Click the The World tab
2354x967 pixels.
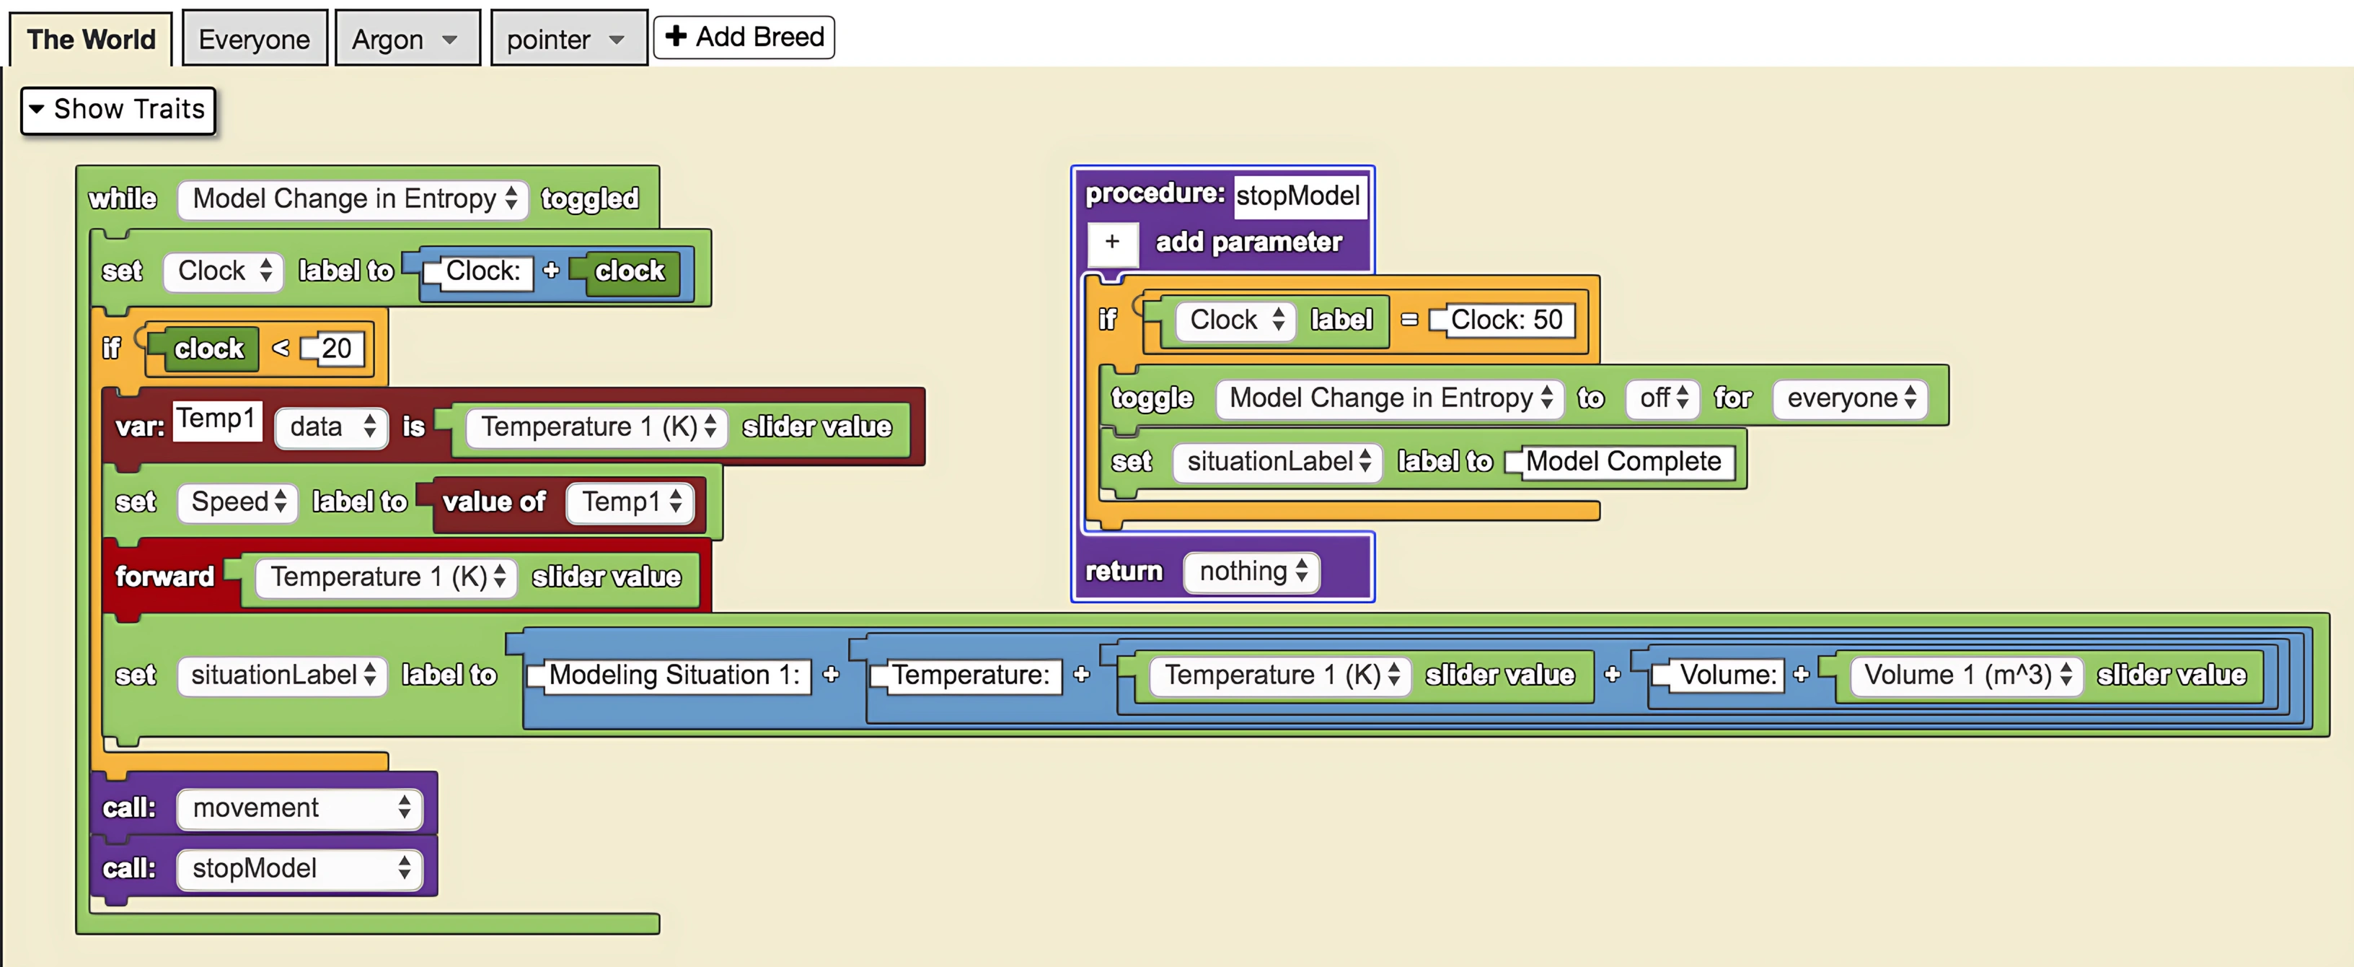coord(90,39)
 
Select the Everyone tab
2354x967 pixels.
coord(254,39)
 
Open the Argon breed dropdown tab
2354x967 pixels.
coord(406,39)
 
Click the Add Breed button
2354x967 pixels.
coord(744,38)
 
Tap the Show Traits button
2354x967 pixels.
coord(118,110)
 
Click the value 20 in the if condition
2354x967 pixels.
coord(336,349)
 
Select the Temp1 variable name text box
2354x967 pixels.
coord(216,419)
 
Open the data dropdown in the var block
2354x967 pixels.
coord(332,426)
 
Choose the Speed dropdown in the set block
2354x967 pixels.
coord(237,502)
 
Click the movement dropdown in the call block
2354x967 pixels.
coord(299,808)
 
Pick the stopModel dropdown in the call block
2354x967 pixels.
coord(299,868)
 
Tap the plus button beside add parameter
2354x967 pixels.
coord(1112,242)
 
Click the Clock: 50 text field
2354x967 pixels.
coord(1506,320)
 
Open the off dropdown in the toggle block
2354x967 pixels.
coord(1662,398)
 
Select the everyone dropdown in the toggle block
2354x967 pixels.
coord(1850,398)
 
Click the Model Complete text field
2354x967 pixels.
coord(1623,462)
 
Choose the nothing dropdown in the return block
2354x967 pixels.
coord(1252,572)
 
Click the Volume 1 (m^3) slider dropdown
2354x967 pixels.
coord(1965,675)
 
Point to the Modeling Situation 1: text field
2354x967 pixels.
coord(674,675)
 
